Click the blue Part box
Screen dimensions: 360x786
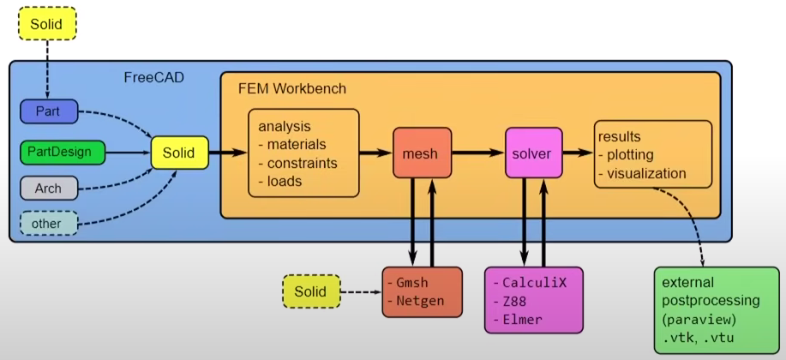(49, 111)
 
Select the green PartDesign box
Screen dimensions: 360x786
(62, 153)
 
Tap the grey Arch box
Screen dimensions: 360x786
(49, 187)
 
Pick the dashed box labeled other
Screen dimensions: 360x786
(49, 223)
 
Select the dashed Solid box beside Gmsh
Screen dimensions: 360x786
(310, 291)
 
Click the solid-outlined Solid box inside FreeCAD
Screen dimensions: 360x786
(179, 154)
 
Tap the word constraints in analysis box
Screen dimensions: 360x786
(303, 163)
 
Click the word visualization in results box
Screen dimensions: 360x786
(646, 173)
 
